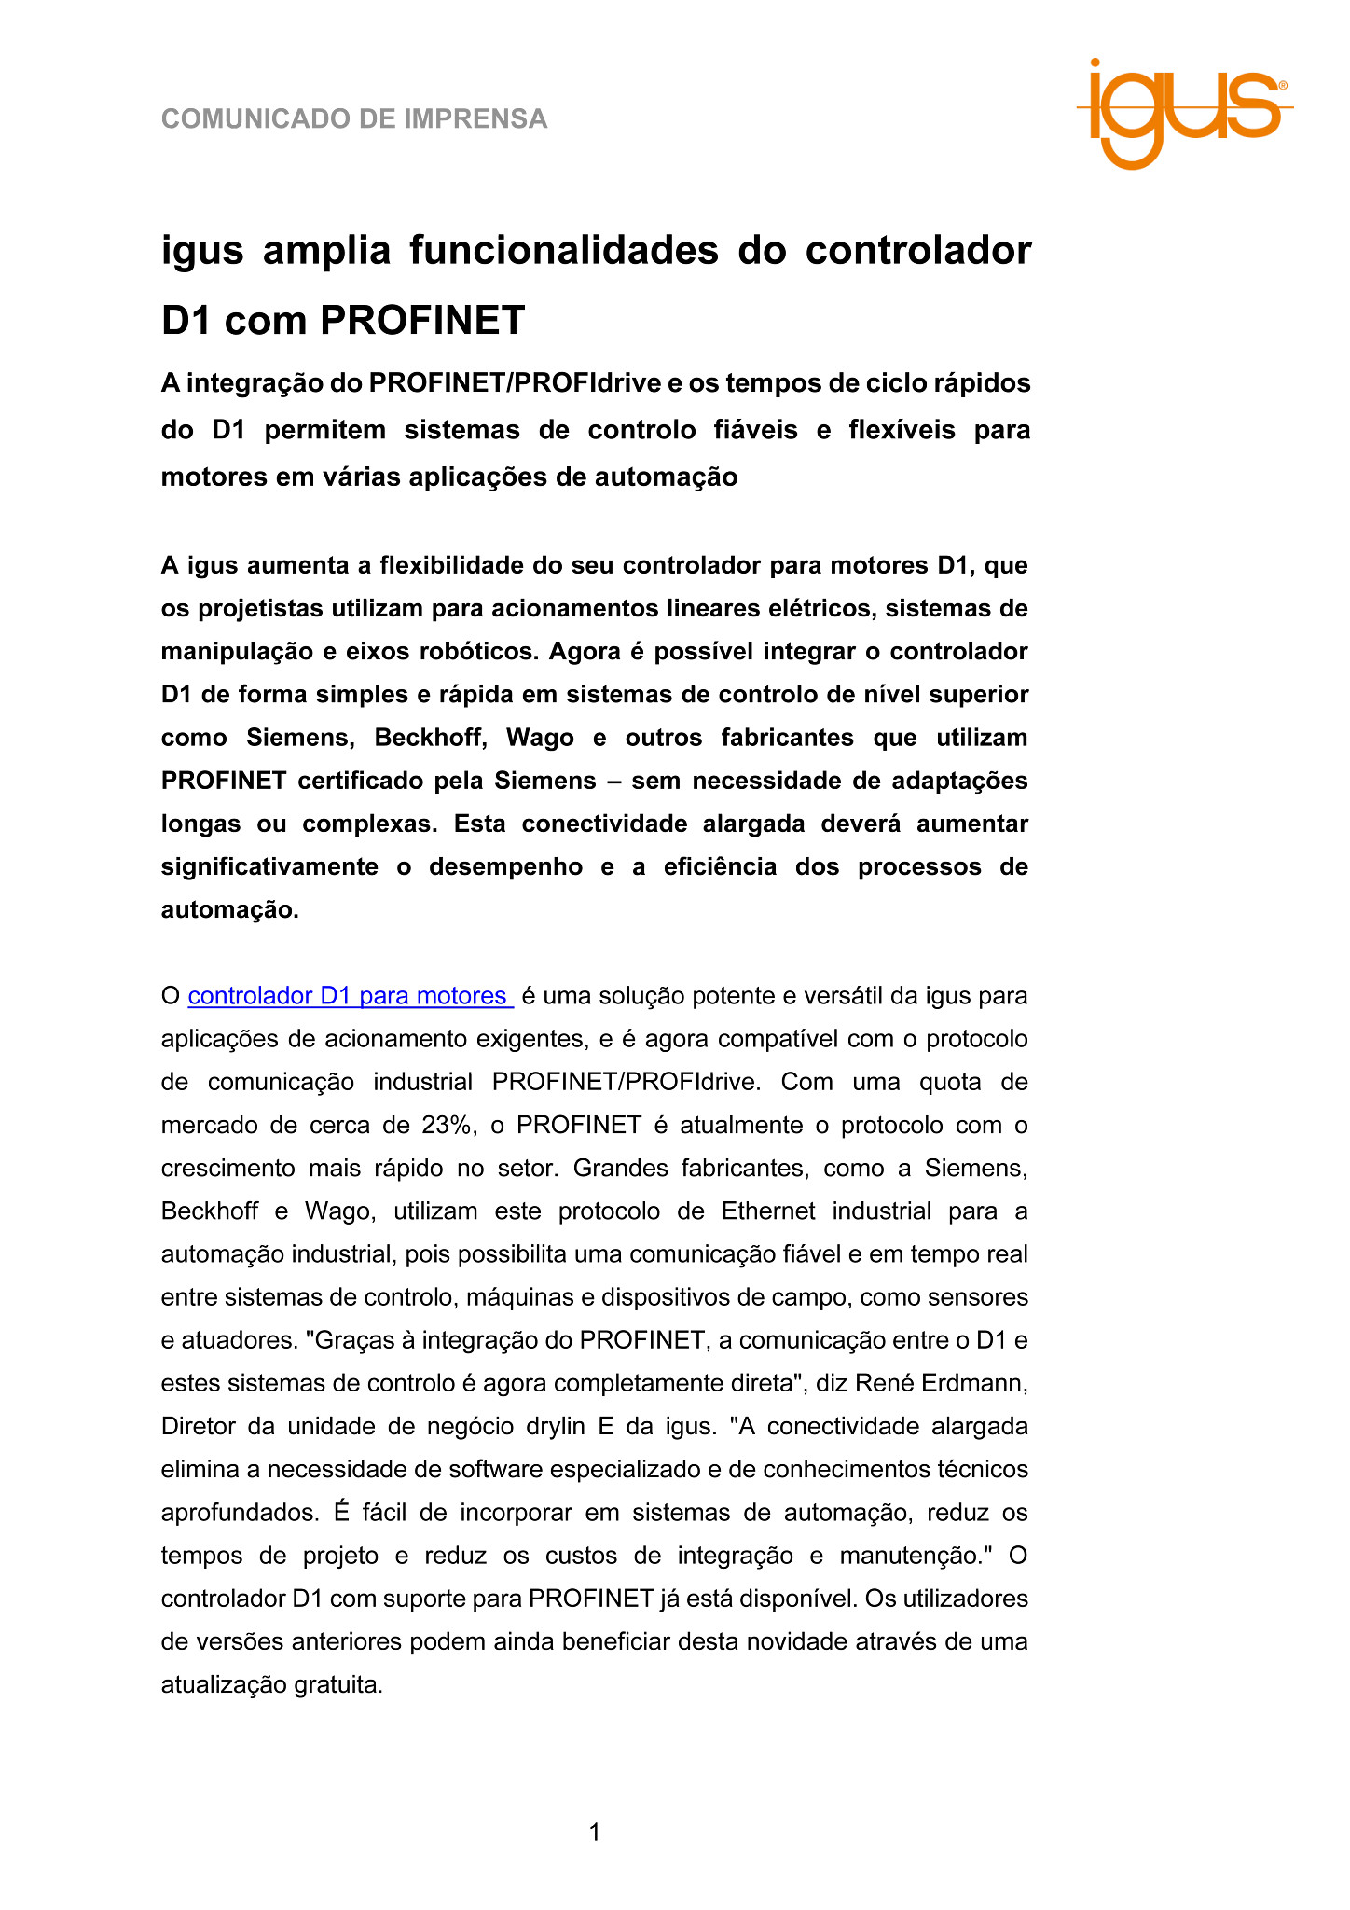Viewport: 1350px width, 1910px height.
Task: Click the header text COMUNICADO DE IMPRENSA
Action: pos(354,119)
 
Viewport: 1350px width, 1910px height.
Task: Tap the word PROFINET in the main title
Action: pos(422,321)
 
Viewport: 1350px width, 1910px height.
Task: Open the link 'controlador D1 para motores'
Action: pos(350,996)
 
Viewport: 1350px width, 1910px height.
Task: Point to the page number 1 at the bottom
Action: pos(595,1833)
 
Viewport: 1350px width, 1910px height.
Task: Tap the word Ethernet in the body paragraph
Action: pos(768,1211)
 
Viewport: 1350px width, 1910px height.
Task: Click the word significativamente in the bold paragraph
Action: pos(269,867)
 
